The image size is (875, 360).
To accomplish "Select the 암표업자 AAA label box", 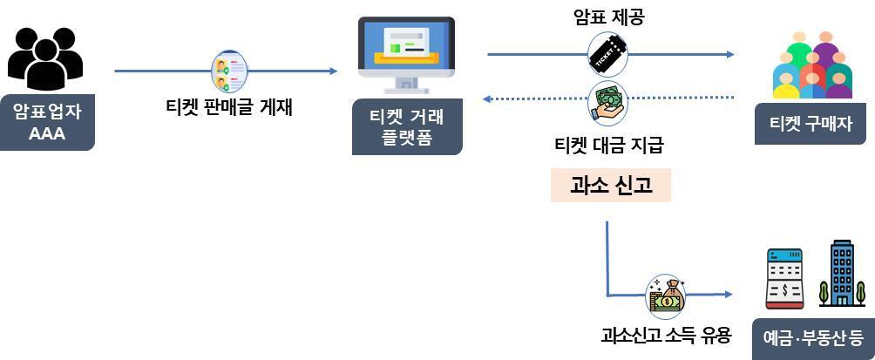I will pyautogui.click(x=47, y=122).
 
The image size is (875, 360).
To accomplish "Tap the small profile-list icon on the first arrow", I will pyautogui.click(x=229, y=71).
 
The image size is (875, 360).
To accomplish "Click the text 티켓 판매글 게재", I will pyautogui.click(x=229, y=108).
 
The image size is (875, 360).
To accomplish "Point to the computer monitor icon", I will pyautogui.click(x=406, y=54).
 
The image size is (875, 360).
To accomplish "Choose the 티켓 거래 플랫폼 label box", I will pyautogui.click(x=406, y=127).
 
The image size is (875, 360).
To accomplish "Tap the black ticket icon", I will pyautogui.click(x=608, y=53).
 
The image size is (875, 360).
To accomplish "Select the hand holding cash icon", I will pyautogui.click(x=608, y=99).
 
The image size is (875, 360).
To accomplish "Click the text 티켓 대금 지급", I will pyautogui.click(x=608, y=145).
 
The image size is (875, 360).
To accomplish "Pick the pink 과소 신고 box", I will pyautogui.click(x=610, y=185).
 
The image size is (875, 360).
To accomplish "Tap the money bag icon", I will pyautogui.click(x=667, y=295).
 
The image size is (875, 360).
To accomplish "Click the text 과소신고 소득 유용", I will pyautogui.click(x=666, y=335).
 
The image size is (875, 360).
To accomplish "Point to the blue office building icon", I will pyautogui.click(x=842, y=274).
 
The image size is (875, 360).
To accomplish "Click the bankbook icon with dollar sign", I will pyautogui.click(x=784, y=278).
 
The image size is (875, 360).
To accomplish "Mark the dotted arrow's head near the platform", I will pyautogui.click(x=487, y=98).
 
